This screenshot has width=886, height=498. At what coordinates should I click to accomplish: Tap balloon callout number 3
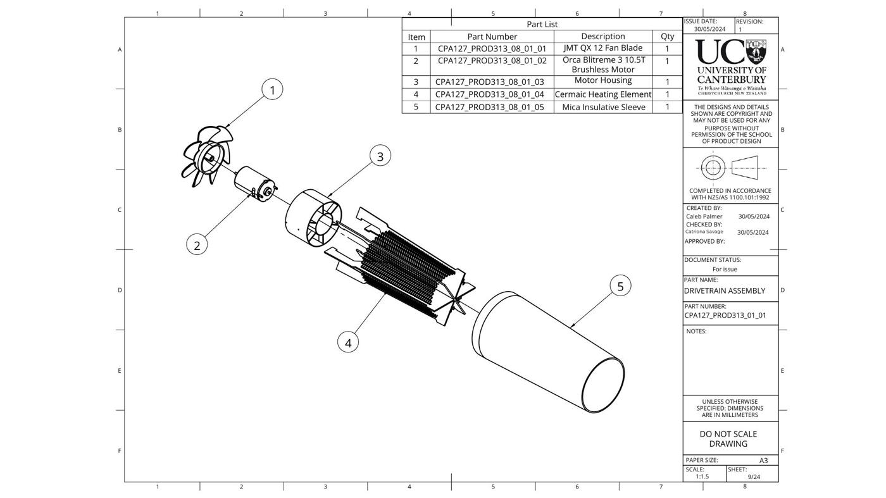(x=380, y=156)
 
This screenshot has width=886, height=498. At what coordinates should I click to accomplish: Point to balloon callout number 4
(x=348, y=342)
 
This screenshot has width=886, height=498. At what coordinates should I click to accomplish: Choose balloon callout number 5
(x=620, y=285)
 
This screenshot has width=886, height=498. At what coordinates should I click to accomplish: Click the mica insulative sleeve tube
(x=548, y=352)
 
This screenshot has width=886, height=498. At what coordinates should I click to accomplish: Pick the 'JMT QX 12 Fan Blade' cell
(x=602, y=48)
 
